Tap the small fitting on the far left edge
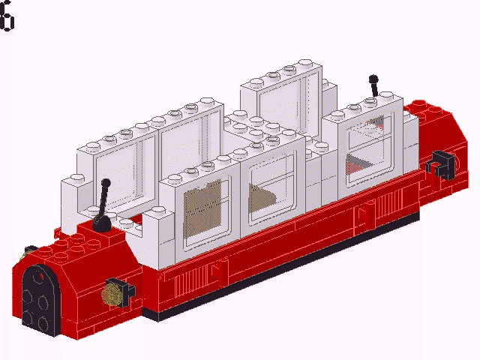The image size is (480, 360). (x=30, y=250)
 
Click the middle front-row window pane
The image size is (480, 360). (x=272, y=187)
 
